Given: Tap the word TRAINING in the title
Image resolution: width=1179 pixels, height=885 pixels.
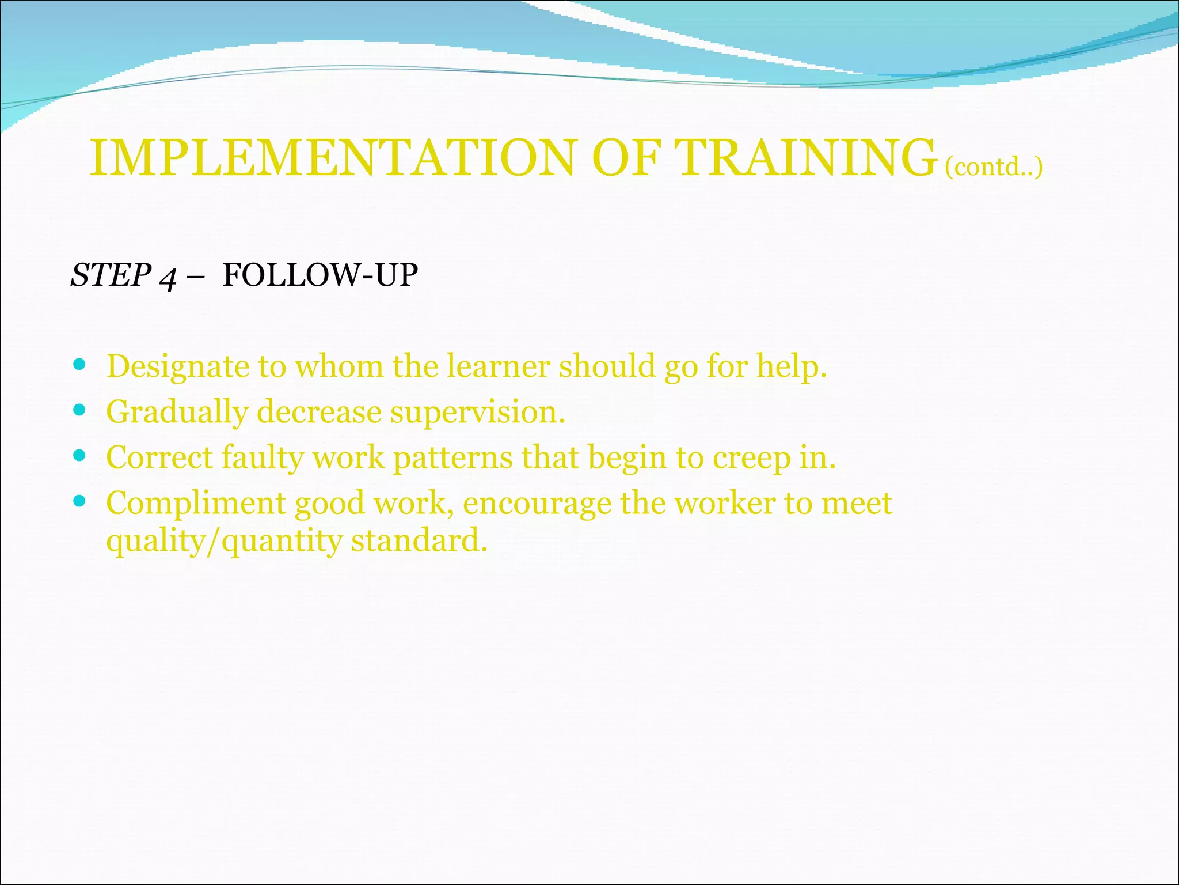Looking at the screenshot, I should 804,158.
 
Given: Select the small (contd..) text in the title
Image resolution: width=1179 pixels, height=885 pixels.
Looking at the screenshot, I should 994,167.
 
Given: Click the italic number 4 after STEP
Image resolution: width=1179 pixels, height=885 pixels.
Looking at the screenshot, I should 168,277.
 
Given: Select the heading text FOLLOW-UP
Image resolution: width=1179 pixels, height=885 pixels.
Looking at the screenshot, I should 320,275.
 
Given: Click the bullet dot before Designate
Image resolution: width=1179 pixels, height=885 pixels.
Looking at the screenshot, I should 80,365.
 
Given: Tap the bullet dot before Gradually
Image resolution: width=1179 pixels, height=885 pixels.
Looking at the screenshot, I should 80,410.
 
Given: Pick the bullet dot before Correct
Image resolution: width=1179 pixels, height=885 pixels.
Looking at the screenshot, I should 80,456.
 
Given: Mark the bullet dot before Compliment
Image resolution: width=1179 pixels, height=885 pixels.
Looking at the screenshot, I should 80,501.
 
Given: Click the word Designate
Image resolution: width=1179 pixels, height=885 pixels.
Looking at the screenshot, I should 178,367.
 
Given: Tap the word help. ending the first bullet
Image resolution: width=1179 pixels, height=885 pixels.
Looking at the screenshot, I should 792,367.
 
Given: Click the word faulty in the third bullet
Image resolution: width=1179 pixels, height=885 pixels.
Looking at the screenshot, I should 262,458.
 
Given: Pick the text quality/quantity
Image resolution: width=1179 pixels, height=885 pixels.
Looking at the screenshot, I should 225,542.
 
